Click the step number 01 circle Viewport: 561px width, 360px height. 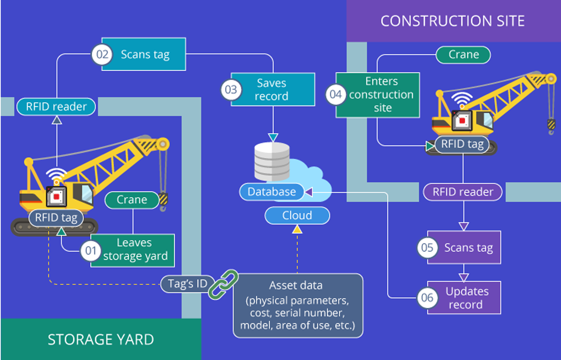[x=91, y=250]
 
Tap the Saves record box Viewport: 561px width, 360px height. [x=272, y=90]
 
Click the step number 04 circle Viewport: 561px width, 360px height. [x=335, y=95]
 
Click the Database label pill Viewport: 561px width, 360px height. [x=272, y=192]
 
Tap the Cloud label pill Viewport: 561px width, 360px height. [x=297, y=216]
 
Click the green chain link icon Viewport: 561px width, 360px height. [x=223, y=284]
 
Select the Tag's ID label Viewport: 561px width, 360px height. [x=187, y=284]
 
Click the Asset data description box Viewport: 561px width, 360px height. [x=298, y=306]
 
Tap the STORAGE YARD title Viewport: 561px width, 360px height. [x=101, y=339]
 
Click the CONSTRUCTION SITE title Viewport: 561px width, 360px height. [x=453, y=21]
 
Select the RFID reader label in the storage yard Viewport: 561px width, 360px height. [x=56, y=107]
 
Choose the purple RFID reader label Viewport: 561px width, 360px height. [x=463, y=192]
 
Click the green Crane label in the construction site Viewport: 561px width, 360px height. [x=463, y=55]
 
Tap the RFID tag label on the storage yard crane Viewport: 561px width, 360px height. [x=56, y=218]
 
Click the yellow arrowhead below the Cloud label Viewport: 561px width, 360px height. [x=297, y=229]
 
